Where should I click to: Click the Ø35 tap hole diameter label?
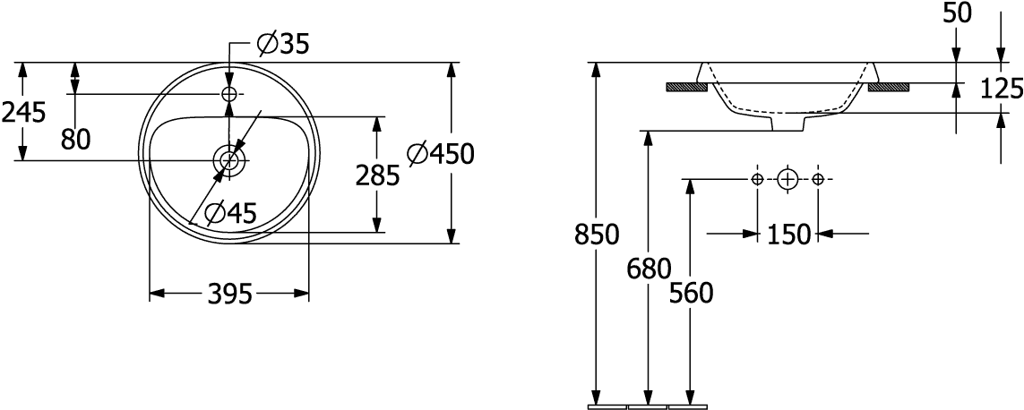click(x=282, y=44)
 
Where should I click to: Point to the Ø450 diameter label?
click(x=439, y=154)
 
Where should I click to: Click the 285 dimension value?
click(x=377, y=175)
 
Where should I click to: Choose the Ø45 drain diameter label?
click(x=230, y=213)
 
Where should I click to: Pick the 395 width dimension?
click(x=228, y=293)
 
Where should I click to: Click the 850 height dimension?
click(x=598, y=235)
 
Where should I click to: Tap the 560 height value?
click(x=691, y=292)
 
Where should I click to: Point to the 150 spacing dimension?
click(x=787, y=235)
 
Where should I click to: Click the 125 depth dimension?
click(x=1001, y=88)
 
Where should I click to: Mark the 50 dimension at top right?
click(x=957, y=13)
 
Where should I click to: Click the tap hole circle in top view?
click(x=229, y=94)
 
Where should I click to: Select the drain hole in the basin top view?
click(x=229, y=161)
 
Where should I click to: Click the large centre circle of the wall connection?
click(x=787, y=179)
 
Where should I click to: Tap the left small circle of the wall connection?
click(x=758, y=179)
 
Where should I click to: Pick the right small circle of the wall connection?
click(x=818, y=179)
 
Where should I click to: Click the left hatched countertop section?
click(x=686, y=87)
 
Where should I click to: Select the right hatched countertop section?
click(x=889, y=87)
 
